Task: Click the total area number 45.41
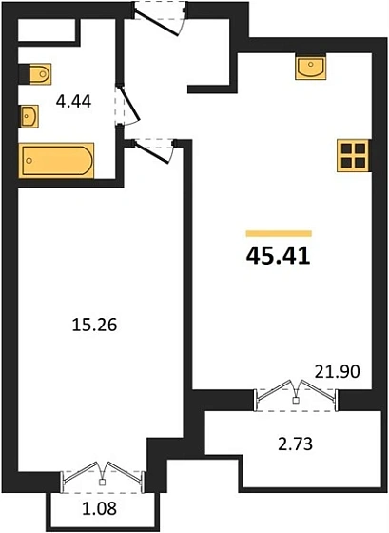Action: [x=278, y=254]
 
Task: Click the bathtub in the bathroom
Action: [x=56, y=162]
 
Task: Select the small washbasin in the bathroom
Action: [x=29, y=116]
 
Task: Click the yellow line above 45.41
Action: [x=278, y=233]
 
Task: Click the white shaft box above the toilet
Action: [x=47, y=31]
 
